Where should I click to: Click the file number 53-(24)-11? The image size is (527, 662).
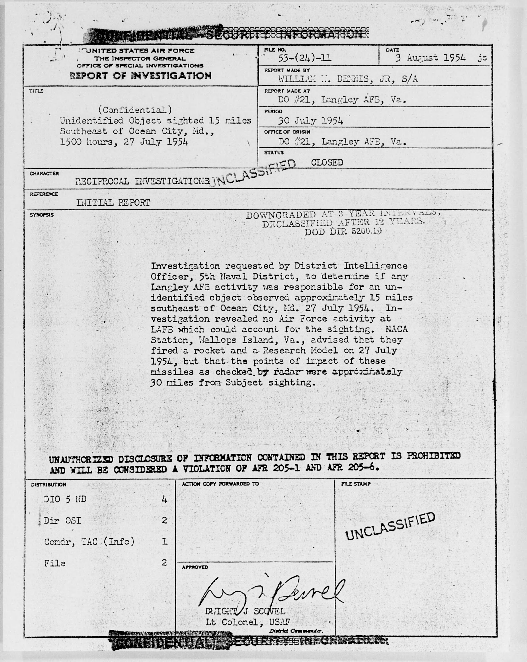pos(304,58)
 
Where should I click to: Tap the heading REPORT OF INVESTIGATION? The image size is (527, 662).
pos(141,75)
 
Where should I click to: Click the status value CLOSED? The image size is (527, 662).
pos(327,162)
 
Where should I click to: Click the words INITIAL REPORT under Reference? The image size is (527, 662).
pos(113,203)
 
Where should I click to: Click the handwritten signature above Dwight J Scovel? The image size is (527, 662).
pos(270,591)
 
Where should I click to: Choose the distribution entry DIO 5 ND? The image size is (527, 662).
pos(65,499)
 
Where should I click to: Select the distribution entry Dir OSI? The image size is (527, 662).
pos(63,520)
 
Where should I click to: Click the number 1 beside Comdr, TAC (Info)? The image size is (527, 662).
pos(165,541)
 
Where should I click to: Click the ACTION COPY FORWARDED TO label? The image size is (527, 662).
pos(220,484)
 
